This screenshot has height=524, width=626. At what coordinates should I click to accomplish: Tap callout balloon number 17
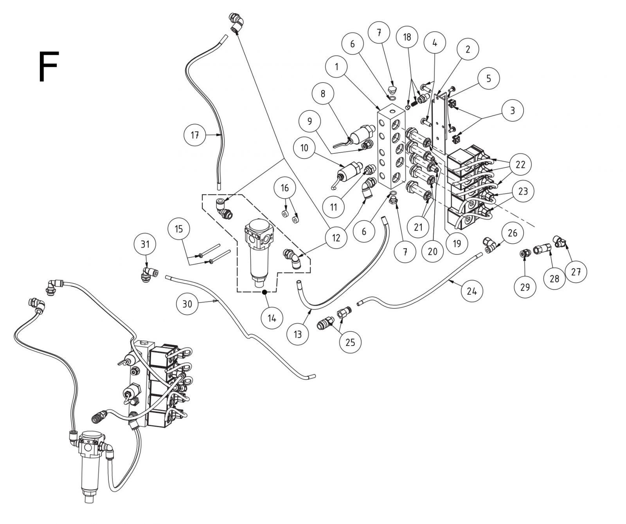click(195, 135)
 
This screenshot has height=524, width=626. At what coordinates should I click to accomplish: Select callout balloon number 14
click(272, 318)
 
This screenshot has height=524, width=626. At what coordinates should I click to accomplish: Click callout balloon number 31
click(145, 244)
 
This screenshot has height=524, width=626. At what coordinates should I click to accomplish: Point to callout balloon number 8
click(323, 94)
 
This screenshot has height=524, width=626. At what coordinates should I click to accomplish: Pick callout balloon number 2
click(468, 49)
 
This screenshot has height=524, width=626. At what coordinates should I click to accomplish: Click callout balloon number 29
click(525, 287)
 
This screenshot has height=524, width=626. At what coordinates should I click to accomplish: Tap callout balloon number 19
click(457, 243)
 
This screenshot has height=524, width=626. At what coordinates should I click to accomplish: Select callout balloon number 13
click(298, 334)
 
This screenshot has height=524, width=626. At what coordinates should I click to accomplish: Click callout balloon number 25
click(350, 342)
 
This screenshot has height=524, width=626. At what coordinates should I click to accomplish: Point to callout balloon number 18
click(407, 37)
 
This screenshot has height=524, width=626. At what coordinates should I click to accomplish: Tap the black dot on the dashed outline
click(264, 292)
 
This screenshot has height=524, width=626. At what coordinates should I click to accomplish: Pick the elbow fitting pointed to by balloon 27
click(559, 241)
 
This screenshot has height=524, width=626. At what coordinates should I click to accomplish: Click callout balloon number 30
click(188, 304)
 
